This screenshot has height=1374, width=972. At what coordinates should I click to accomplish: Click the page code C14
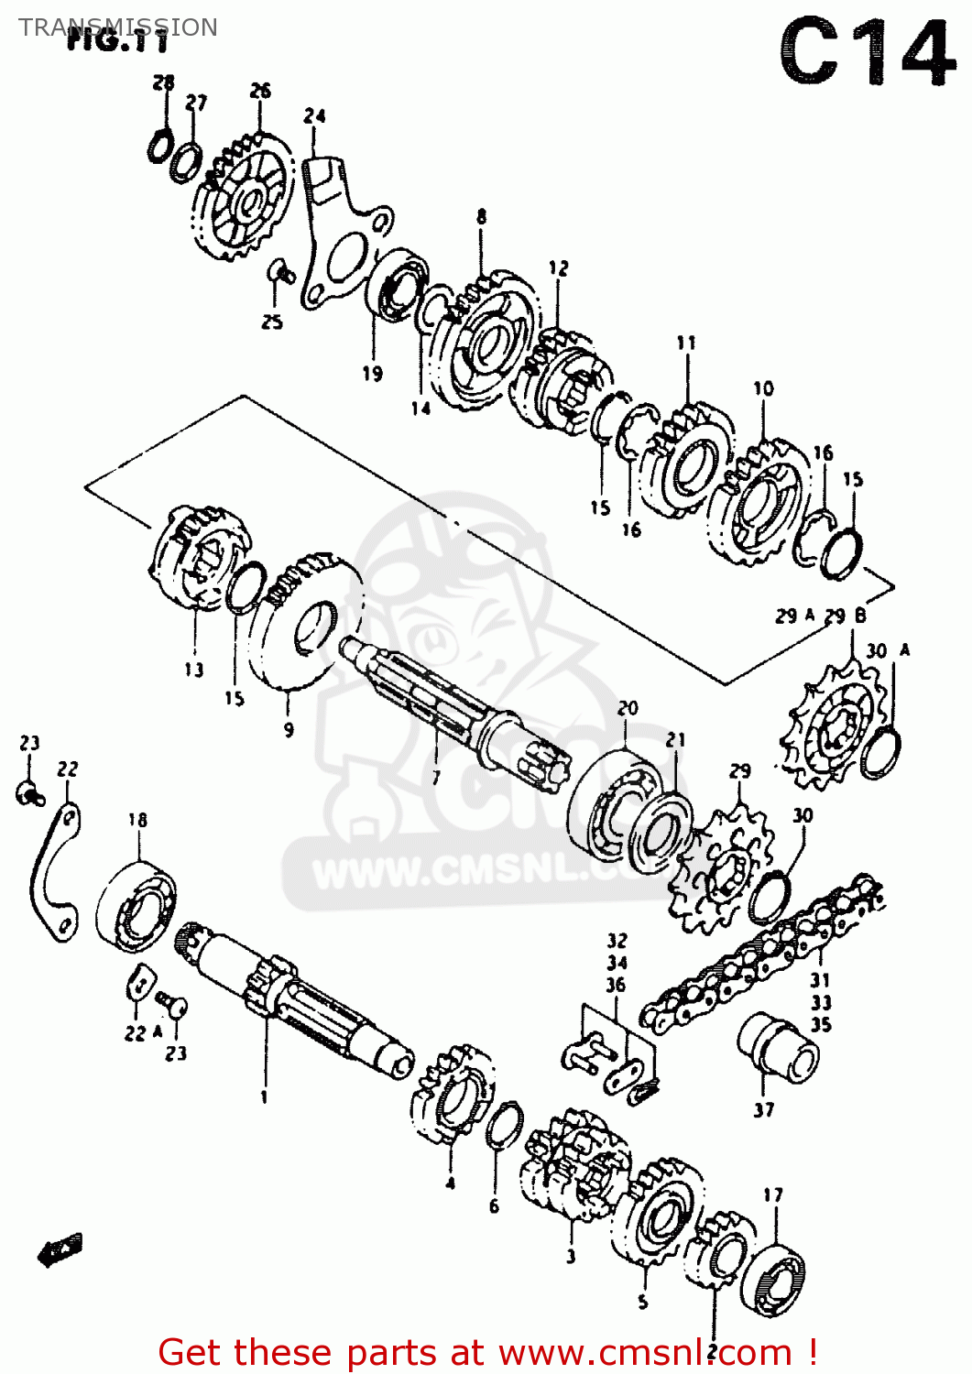[867, 53]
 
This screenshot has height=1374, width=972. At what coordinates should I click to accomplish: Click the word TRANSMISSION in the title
[118, 27]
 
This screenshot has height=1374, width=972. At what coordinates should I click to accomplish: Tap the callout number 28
[163, 83]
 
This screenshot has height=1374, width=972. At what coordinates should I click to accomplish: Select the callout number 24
[314, 116]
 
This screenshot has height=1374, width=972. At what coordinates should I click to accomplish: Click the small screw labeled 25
[279, 271]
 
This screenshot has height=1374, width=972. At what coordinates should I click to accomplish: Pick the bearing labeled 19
[398, 283]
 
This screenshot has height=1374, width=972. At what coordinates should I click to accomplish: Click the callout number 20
[628, 708]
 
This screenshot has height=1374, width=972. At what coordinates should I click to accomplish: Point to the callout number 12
[558, 268]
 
